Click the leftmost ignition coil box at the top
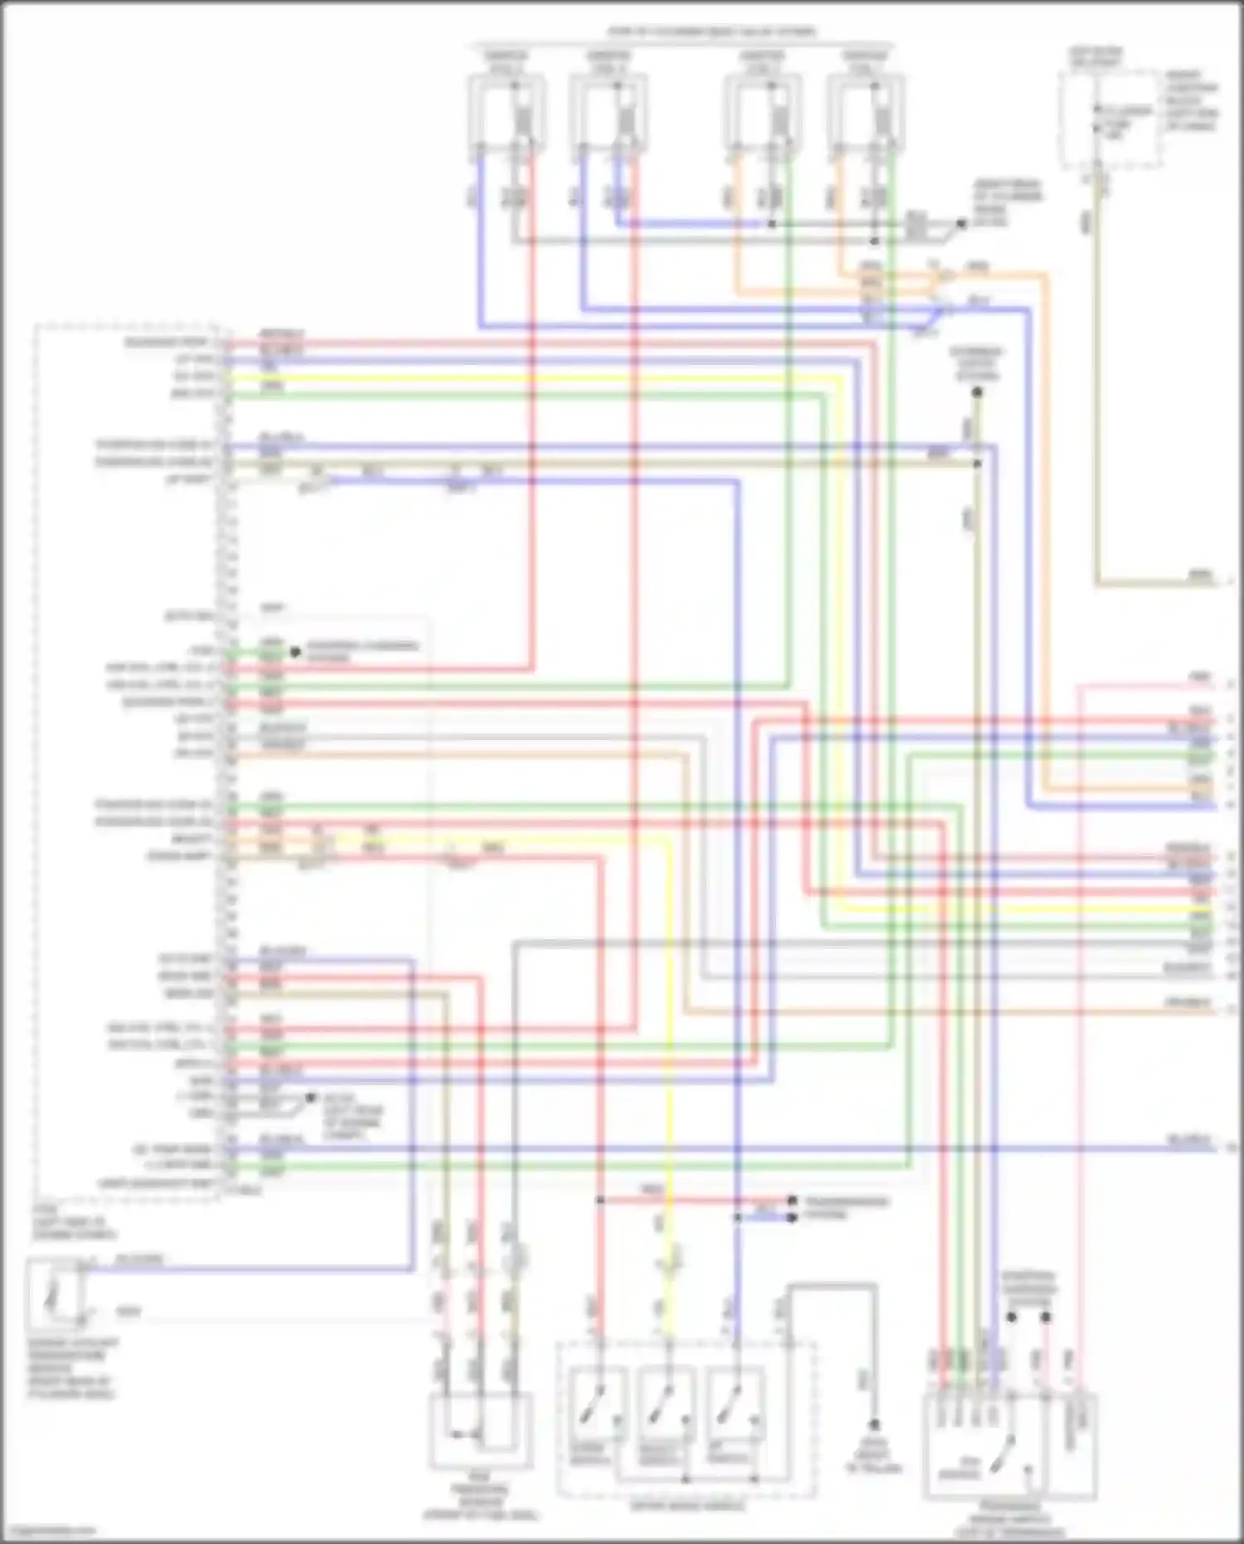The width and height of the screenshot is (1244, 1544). [x=506, y=112]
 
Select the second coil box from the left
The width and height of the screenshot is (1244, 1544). [x=608, y=112]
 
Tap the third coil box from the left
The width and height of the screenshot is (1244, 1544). [x=762, y=112]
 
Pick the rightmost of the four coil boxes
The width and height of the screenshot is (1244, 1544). [x=865, y=112]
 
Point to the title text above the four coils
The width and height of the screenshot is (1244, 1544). [x=712, y=32]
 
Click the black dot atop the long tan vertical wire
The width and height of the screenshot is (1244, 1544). [x=977, y=392]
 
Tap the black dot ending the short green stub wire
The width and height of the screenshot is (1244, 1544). [x=294, y=652]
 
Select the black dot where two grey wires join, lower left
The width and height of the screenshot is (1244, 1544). [x=311, y=1097]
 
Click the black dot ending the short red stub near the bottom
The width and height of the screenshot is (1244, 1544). [x=792, y=1201]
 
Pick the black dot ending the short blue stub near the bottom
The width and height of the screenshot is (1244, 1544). [x=792, y=1217]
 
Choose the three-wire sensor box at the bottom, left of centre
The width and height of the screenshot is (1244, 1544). [x=480, y=1430]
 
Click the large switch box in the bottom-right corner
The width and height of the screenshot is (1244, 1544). [x=985, y=1444]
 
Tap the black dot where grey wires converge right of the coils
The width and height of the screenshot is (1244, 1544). [x=961, y=223]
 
